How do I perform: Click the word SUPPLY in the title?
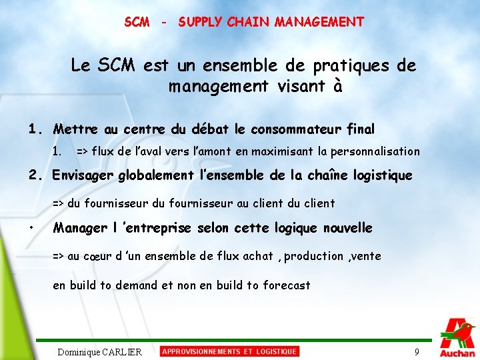point(201,22)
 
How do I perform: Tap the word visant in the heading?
point(298,87)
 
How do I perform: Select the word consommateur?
point(300,129)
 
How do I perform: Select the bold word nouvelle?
point(347,228)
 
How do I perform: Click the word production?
point(315,256)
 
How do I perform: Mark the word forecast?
point(287,285)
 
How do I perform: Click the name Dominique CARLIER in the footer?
point(100,352)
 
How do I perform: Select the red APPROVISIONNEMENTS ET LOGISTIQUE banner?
point(230,351)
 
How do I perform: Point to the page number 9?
point(417,352)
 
